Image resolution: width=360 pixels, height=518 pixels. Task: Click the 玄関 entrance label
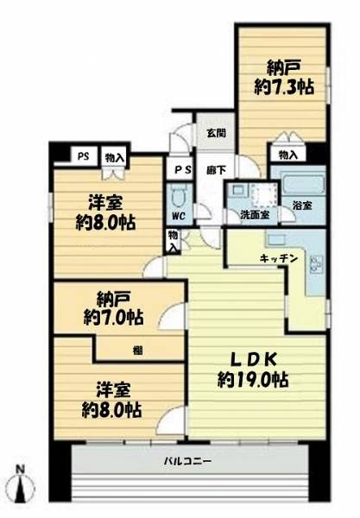pos(217,133)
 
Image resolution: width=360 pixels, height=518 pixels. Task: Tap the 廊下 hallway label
pos(217,170)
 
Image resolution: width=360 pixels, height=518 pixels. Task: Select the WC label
pos(179,217)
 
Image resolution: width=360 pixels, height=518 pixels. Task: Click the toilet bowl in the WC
pos(180,197)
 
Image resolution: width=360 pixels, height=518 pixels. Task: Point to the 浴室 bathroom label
pos(302,205)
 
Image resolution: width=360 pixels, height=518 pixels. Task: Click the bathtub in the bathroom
pos(303,184)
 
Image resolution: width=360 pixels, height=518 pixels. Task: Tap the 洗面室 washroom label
pos(255,215)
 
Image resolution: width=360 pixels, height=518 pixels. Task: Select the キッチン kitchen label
pos(279,258)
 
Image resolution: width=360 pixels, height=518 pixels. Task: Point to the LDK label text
pos(253,359)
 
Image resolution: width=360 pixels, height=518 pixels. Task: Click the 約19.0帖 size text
pos(253,379)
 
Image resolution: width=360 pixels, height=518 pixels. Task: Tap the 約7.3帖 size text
pos(284,87)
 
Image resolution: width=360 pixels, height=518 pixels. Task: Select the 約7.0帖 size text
pos(113,318)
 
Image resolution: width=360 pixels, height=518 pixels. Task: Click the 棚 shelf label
pos(138,351)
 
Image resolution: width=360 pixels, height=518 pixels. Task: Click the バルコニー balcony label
pos(188,461)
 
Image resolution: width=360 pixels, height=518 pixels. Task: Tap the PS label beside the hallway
pos(183,170)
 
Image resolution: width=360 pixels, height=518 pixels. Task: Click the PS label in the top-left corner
pos(84,156)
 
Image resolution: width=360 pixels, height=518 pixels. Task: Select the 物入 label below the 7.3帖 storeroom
pos(287,155)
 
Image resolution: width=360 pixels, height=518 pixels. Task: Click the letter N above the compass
pos(21,469)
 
